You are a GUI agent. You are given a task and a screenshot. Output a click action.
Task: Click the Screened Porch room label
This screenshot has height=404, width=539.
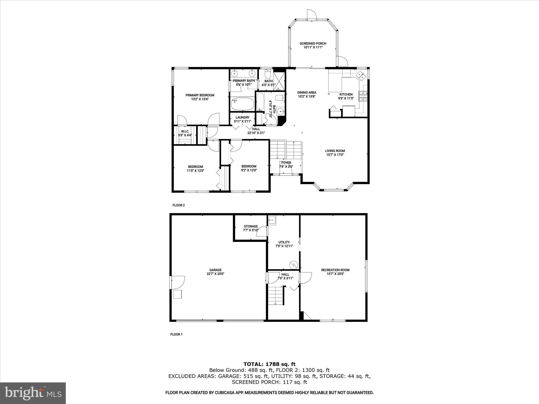coord(313,44)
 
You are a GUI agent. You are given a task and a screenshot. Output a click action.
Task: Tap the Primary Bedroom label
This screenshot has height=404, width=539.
coord(200,95)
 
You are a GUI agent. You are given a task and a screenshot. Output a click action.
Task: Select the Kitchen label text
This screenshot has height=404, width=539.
coord(346,94)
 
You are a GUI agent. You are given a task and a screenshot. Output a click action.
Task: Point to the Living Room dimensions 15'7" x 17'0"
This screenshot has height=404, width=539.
coord(335,155)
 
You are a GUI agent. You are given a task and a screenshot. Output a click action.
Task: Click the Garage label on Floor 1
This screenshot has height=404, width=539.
coord(215,270)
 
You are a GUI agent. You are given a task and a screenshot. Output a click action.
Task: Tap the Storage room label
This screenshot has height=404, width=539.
coord(251,226)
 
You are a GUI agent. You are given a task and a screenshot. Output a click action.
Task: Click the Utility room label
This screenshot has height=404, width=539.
coord(284,242)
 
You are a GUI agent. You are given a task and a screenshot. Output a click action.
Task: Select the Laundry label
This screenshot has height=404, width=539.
coord(242,118)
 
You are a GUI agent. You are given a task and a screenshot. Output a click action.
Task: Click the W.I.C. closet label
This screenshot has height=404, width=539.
coord(185,132)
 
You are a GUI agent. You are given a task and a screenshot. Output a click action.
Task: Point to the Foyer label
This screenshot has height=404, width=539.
coord(286,163)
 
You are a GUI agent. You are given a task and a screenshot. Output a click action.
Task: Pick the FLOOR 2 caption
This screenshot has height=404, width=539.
coord(178,205)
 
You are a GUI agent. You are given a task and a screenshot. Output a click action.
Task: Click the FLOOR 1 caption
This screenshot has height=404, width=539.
coord(176,334)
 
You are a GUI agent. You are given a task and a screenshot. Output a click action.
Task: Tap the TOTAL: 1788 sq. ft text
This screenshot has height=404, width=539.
coord(269,364)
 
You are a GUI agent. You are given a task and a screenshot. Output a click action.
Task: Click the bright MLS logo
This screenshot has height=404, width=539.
coord(33,393)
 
